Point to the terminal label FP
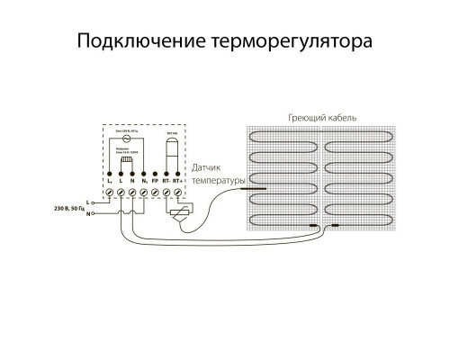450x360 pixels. [155, 181]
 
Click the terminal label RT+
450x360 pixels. [179, 181]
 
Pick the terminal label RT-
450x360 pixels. [166, 181]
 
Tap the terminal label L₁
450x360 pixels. [109, 181]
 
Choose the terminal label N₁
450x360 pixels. [143, 181]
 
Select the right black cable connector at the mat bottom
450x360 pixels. [335, 226]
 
